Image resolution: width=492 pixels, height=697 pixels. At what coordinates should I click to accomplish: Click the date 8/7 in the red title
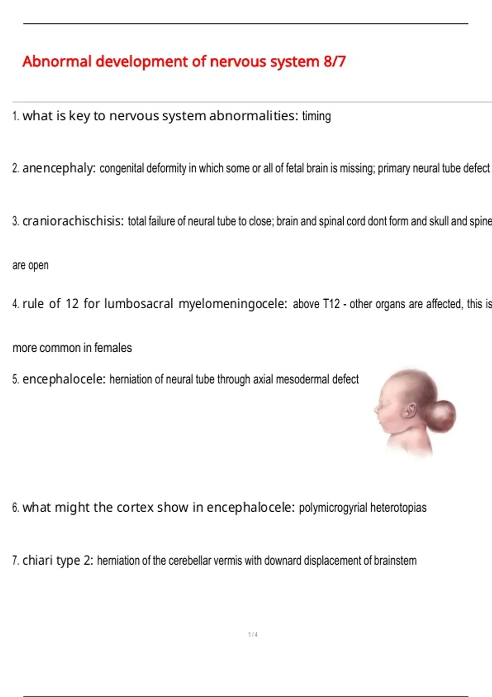click(334, 61)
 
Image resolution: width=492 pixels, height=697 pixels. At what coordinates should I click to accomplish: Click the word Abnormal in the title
click(57, 61)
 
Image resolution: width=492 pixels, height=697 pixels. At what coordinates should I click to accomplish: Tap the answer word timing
click(316, 116)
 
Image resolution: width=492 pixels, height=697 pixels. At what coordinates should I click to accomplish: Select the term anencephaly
click(59, 168)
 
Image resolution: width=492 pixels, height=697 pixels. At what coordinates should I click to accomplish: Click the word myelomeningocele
click(233, 304)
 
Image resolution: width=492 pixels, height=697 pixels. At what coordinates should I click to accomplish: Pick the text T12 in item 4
click(331, 304)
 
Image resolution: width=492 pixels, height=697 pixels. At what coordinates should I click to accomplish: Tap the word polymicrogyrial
click(333, 508)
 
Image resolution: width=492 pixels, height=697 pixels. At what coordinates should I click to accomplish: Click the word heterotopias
click(398, 508)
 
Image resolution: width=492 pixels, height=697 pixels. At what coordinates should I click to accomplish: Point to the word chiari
click(37, 560)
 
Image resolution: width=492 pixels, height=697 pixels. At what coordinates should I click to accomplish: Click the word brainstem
click(395, 560)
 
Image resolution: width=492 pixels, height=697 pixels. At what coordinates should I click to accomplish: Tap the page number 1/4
click(253, 634)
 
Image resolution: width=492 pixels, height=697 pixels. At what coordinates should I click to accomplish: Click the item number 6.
click(16, 508)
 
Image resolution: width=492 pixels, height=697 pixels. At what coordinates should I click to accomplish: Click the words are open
click(30, 265)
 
